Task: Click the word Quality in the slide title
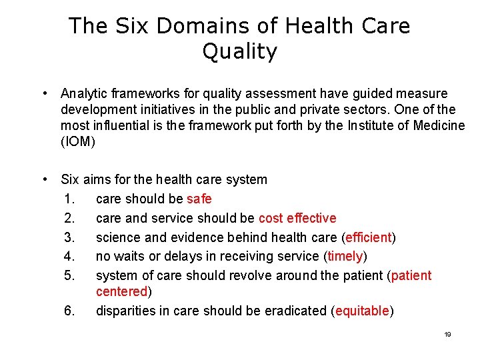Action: (x=239, y=52)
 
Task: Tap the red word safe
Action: (x=199, y=199)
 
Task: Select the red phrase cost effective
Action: (x=297, y=218)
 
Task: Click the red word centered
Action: (x=122, y=291)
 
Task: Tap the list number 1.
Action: (x=70, y=199)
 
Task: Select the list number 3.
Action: (x=70, y=237)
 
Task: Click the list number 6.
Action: (x=70, y=311)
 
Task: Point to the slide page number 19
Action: (x=447, y=334)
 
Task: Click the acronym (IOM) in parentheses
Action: (x=78, y=141)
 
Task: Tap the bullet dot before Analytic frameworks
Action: (x=43, y=93)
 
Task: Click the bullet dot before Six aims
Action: (x=43, y=179)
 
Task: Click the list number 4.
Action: (x=70, y=257)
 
